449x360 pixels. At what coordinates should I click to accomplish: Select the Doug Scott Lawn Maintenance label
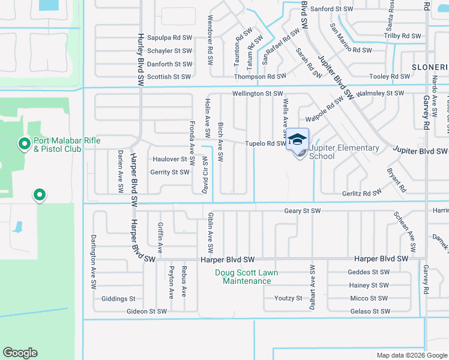[247, 277]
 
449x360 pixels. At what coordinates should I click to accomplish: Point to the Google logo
[20, 353]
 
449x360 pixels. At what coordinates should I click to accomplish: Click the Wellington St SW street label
[258, 94]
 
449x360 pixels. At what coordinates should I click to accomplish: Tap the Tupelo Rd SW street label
[265, 143]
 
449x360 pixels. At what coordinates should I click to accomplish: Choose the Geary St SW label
[303, 211]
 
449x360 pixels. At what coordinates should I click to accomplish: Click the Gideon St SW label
[146, 311]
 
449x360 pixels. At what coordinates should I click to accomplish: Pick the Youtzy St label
[288, 298]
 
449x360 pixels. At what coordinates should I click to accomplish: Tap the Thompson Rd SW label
[260, 76]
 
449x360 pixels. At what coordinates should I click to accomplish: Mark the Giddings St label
[119, 298]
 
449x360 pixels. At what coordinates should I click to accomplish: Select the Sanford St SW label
[334, 9]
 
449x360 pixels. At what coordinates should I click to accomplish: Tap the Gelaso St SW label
[370, 311]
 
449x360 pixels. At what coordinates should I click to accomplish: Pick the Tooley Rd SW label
[390, 76]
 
